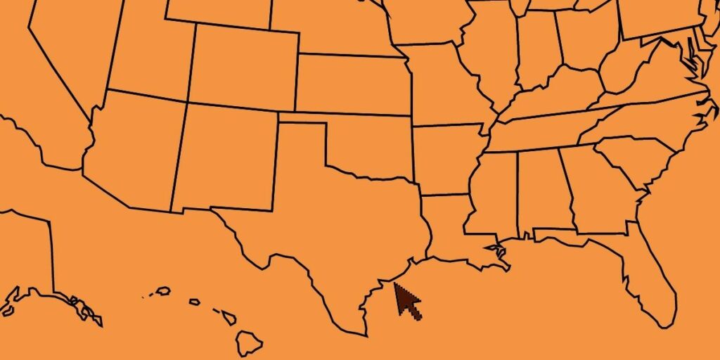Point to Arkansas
446,158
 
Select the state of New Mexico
225,158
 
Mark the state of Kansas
352,84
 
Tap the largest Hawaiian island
248,343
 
